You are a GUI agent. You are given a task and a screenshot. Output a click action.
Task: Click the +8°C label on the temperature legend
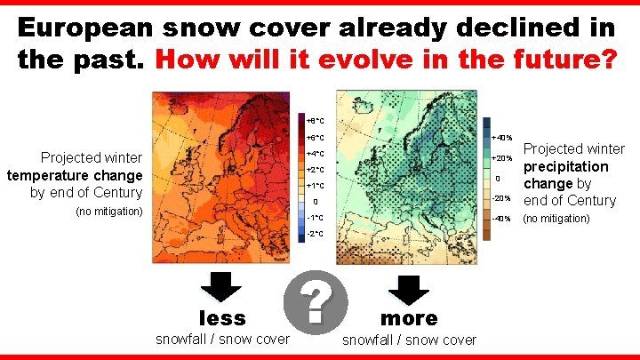[x=316, y=120]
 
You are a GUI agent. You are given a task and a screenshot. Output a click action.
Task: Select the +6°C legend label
[x=316, y=138]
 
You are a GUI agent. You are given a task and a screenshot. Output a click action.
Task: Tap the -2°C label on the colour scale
[x=316, y=234]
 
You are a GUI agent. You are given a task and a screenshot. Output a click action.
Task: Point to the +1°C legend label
[x=316, y=186]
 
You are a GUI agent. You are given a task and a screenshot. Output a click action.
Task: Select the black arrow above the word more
[x=409, y=289]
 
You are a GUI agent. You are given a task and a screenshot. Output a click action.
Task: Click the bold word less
[x=222, y=317]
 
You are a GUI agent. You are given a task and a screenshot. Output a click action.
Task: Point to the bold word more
[x=409, y=317]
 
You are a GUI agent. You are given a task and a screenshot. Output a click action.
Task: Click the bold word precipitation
[x=565, y=166]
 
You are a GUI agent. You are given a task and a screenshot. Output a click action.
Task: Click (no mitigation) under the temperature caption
[x=109, y=212]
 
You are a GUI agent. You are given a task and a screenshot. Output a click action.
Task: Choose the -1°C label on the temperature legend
[x=316, y=218]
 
